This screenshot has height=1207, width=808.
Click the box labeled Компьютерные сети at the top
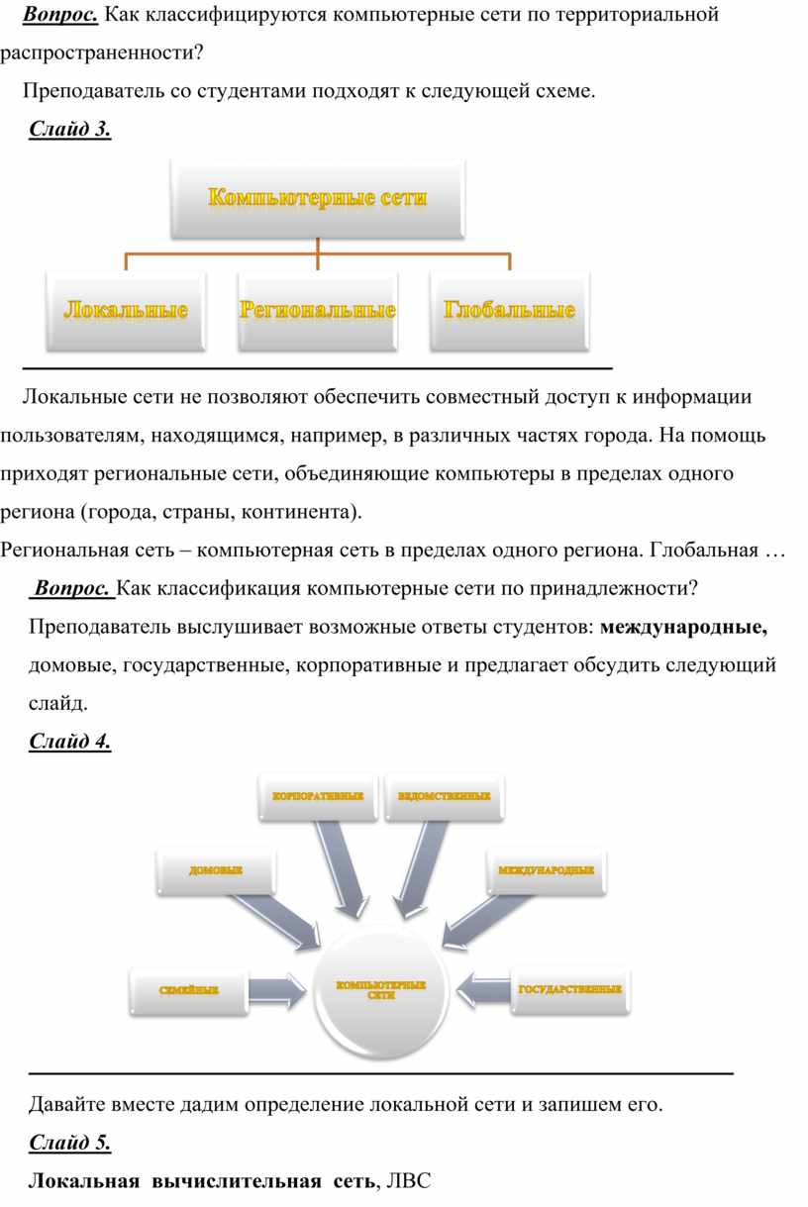[x=317, y=198]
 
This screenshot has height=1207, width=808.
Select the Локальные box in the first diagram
[x=126, y=311]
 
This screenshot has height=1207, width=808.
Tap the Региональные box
[x=317, y=311]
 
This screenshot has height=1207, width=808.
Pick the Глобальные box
[x=509, y=311]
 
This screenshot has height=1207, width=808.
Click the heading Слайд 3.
[x=70, y=130]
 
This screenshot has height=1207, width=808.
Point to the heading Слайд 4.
[x=70, y=742]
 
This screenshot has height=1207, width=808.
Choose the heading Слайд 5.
[x=70, y=1143]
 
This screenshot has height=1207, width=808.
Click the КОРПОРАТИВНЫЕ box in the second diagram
[x=318, y=796]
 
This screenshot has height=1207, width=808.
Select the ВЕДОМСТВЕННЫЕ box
[x=444, y=796]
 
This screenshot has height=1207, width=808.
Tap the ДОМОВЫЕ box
[x=216, y=870]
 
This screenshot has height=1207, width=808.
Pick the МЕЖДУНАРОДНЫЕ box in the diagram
[x=546, y=870]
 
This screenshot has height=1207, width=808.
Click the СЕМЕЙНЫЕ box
[x=188, y=989]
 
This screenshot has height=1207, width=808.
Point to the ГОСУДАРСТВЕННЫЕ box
[x=570, y=989]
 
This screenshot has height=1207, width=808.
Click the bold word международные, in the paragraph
[x=684, y=627]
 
